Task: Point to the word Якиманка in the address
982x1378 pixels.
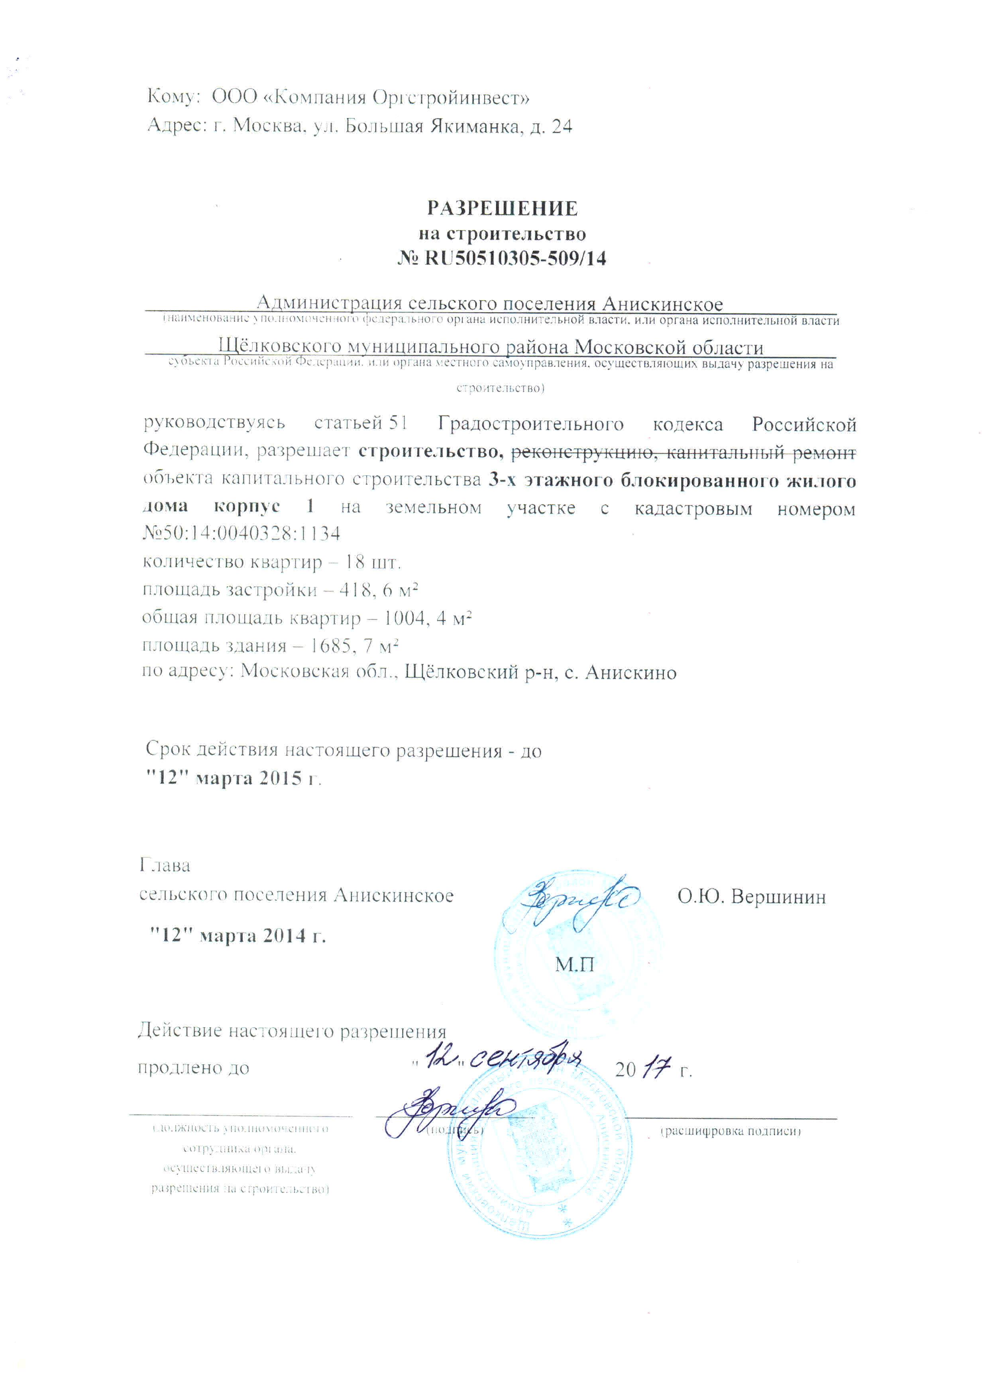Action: point(475,126)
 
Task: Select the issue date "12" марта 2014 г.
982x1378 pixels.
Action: point(238,936)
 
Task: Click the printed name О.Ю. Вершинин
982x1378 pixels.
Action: point(751,896)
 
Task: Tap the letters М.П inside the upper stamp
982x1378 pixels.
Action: point(574,964)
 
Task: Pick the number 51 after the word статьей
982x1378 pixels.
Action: point(398,423)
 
